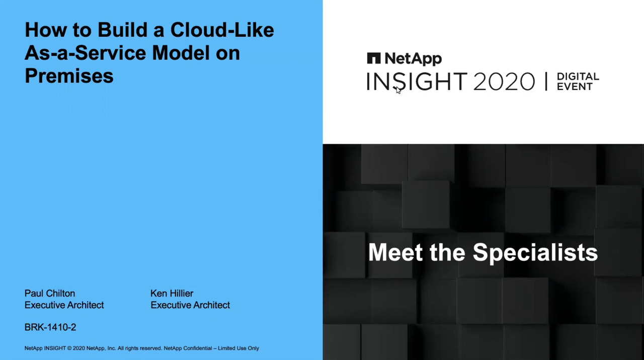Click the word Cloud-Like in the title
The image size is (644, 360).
click(x=222, y=30)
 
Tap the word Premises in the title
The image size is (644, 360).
click(x=69, y=76)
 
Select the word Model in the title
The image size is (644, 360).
click(x=181, y=53)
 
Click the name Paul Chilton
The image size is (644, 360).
click(x=50, y=293)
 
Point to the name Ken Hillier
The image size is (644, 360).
click(x=172, y=293)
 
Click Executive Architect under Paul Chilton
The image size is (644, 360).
click(x=64, y=305)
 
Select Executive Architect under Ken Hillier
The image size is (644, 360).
click(x=190, y=305)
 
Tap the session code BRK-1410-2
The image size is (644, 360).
click(x=50, y=327)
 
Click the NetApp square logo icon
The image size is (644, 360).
click(x=374, y=58)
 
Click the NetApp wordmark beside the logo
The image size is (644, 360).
click(x=413, y=59)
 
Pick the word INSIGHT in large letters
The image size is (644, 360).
click(x=417, y=81)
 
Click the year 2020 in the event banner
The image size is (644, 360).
click(x=504, y=81)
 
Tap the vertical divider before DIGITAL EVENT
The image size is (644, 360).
click(x=546, y=81)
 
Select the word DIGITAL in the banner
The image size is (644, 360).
click(x=578, y=76)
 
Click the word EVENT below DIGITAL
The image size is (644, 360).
click(x=575, y=86)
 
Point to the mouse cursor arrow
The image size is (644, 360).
click(x=398, y=89)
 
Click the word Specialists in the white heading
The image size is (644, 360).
click(x=535, y=252)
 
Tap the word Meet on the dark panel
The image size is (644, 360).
click(x=395, y=252)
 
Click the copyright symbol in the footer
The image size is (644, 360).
click(x=69, y=348)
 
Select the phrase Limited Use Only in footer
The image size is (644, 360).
click(x=238, y=348)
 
